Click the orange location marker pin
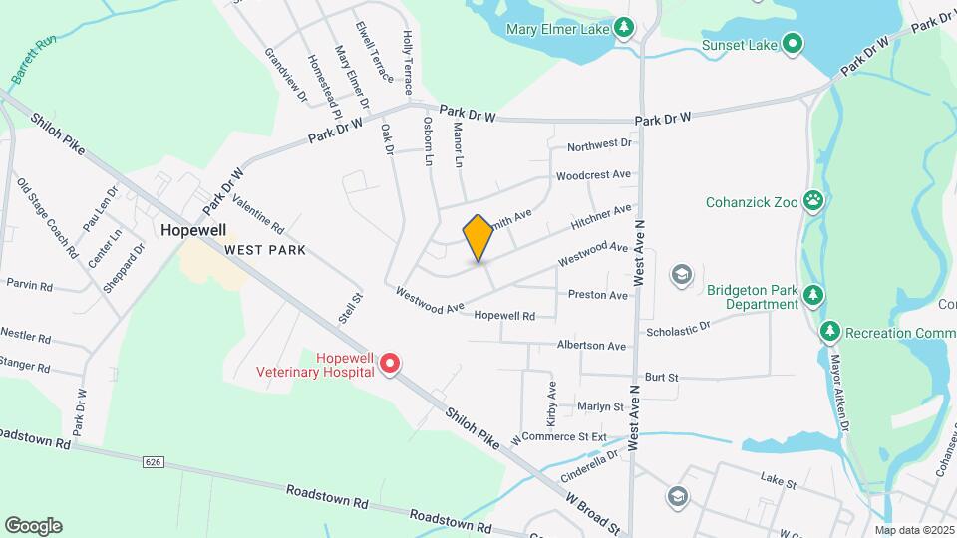pyautogui.click(x=478, y=239)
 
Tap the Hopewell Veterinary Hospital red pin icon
pyautogui.click(x=392, y=365)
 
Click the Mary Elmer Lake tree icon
pyautogui.click(x=624, y=28)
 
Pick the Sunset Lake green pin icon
pyautogui.click(x=793, y=44)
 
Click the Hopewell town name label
pyautogui.click(x=193, y=230)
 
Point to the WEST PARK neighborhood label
pyautogui.click(x=264, y=249)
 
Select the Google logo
pyautogui.click(x=33, y=525)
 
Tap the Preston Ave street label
pyautogui.click(x=597, y=295)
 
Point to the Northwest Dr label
pyautogui.click(x=599, y=145)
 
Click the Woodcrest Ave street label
pyautogui.click(x=593, y=174)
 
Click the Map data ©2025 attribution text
pyautogui.click(x=912, y=530)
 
